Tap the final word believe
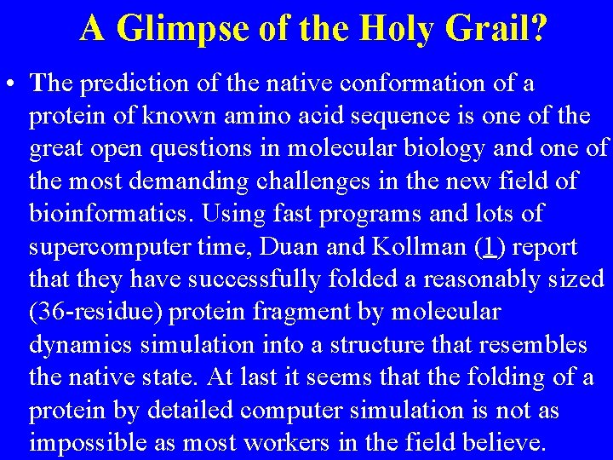(501, 444)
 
